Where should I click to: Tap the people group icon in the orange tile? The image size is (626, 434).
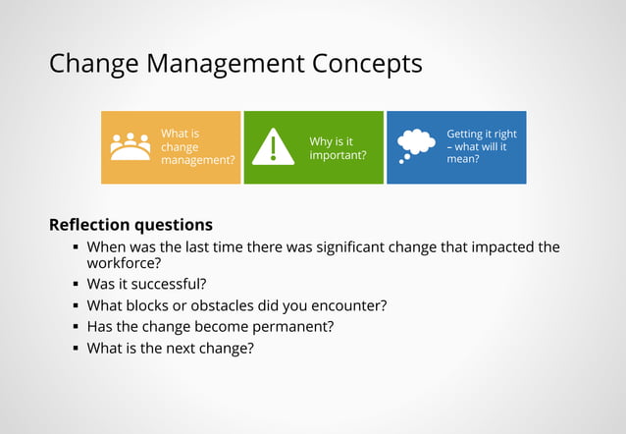pos(130,147)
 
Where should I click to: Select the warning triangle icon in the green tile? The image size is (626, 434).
pos(273,147)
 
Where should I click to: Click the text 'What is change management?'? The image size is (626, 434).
pos(198,147)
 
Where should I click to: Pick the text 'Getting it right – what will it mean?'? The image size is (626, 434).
pos(481,146)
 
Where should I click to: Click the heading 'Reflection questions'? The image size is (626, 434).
pos(130,225)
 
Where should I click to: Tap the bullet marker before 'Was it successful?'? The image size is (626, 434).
pos(76,285)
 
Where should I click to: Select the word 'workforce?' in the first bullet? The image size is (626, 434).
pos(124,263)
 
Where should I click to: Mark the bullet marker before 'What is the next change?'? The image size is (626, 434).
pos(76,348)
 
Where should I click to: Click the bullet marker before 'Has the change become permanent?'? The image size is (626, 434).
pos(76,327)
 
